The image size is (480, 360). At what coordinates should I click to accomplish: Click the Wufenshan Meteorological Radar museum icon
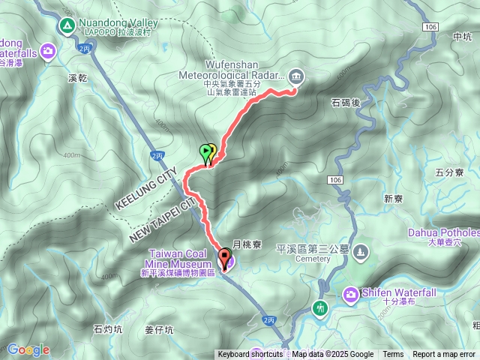tap(296, 75)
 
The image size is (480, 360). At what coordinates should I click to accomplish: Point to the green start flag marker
tap(206, 152)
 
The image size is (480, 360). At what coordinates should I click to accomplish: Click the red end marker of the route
tap(224, 259)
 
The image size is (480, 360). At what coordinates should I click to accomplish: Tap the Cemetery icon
tap(361, 250)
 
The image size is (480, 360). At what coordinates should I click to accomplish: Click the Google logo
tap(28, 349)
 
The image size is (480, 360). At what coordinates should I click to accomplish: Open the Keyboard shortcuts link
tap(250, 355)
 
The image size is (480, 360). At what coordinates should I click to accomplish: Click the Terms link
tap(393, 355)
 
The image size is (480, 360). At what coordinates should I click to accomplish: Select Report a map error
tap(444, 355)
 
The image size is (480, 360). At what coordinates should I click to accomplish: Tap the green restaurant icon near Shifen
tap(320, 308)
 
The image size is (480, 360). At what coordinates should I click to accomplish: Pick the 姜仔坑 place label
tap(159, 330)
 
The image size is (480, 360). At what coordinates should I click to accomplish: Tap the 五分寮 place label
tap(449, 172)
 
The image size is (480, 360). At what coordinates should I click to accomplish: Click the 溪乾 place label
tap(78, 78)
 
